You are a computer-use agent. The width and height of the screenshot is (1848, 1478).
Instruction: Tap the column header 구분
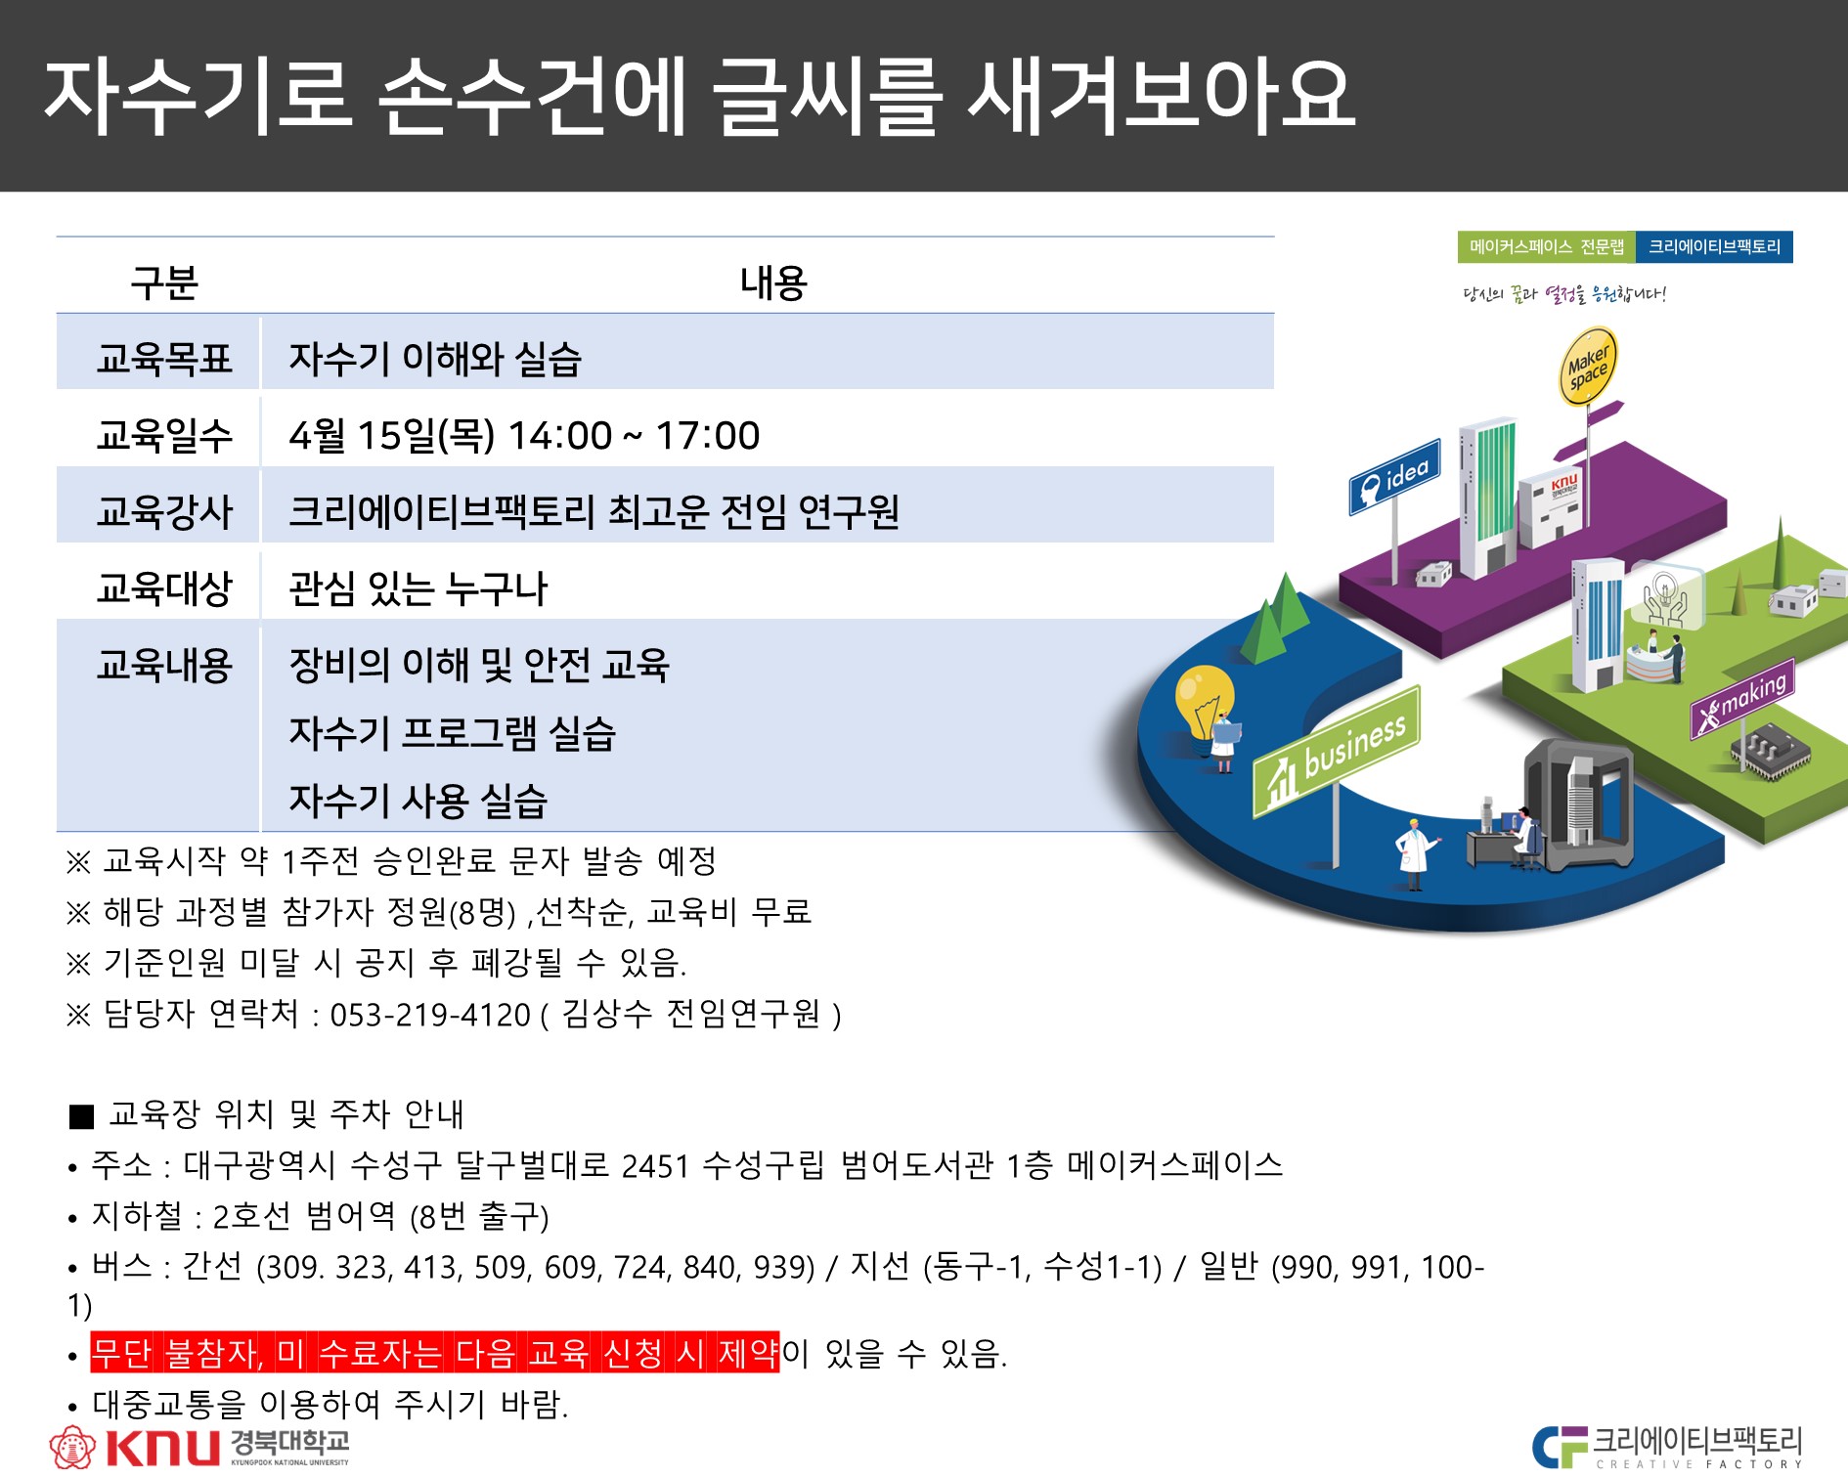[164, 283]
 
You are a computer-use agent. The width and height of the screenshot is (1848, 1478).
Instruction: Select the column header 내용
[773, 283]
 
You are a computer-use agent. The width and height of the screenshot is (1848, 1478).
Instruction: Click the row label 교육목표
[164, 359]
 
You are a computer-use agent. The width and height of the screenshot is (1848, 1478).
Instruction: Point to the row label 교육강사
[164, 511]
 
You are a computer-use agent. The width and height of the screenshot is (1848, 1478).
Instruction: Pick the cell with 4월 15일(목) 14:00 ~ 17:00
[524, 435]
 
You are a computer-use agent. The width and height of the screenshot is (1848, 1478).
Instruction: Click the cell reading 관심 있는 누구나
[418, 588]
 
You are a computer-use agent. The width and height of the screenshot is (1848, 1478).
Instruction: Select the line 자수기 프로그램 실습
[452, 733]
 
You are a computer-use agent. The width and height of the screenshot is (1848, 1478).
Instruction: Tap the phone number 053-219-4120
[430, 1015]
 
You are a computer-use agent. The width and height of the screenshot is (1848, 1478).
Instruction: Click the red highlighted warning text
[435, 1353]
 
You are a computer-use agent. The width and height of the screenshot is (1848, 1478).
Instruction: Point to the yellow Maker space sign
[1587, 367]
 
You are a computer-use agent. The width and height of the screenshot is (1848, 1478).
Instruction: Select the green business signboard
[1336, 752]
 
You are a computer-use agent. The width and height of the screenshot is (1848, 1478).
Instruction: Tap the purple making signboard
[1742, 699]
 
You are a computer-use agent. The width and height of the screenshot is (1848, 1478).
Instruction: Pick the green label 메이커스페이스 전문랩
[1546, 247]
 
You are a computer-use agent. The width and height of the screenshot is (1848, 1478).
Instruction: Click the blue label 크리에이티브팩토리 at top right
[1714, 247]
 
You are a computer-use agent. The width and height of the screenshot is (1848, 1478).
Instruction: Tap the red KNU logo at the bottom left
[198, 1447]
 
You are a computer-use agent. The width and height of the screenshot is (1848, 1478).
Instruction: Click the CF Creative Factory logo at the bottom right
[1667, 1447]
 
